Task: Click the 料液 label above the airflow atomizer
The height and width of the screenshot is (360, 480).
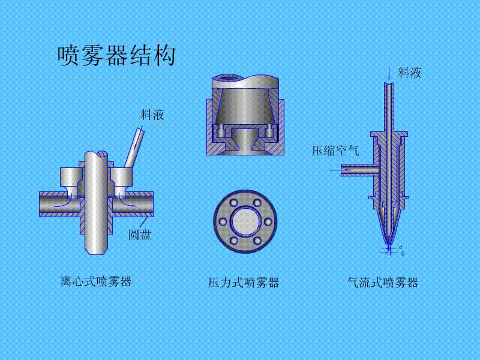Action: coord(410,73)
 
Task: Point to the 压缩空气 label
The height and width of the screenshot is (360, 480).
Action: coord(335,151)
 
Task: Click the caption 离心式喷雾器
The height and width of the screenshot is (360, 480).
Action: coord(96,281)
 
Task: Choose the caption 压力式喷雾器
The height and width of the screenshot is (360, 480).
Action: coord(244,283)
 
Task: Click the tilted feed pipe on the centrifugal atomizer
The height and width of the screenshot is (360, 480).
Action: coord(134,146)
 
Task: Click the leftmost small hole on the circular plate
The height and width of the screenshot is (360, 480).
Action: coord(223,221)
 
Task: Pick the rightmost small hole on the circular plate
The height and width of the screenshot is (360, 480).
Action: coord(265,221)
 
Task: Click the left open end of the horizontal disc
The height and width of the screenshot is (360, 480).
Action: coord(41,204)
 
